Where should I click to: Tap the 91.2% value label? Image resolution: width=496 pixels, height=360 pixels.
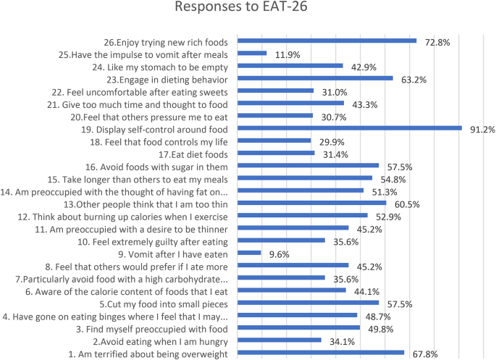tap(479, 130)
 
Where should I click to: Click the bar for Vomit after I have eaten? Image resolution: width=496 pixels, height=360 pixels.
tap(249, 253)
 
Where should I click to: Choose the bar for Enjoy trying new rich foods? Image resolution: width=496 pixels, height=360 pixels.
tap(327, 41)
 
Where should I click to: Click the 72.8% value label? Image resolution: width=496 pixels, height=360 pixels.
tap(437, 43)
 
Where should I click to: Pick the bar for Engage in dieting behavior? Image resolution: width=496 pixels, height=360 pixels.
tap(315, 78)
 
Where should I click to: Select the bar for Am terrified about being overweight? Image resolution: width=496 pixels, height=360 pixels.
tap(321, 352)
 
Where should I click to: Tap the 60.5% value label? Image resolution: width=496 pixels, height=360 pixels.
tap(407, 204)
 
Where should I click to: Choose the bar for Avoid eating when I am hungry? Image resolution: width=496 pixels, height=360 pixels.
tap(279, 340)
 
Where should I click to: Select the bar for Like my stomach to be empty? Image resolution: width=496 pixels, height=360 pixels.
tap(290, 66)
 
